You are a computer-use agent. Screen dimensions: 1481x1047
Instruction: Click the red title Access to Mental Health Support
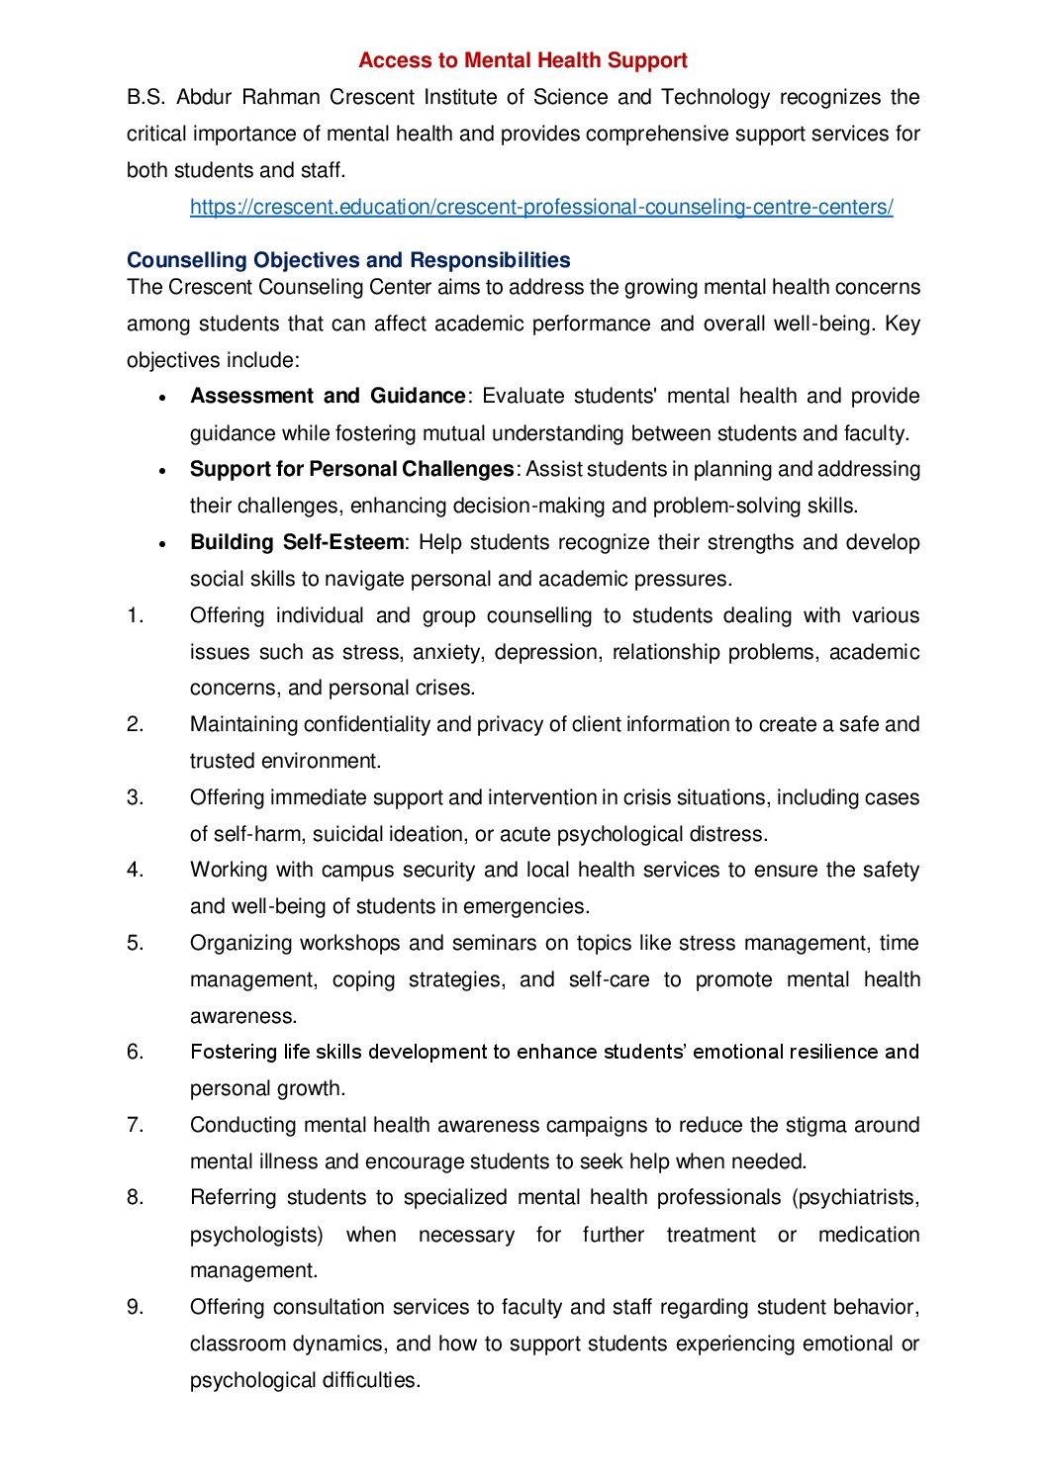pyautogui.click(x=523, y=60)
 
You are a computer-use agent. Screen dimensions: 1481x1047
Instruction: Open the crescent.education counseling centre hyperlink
pyautogui.click(x=541, y=207)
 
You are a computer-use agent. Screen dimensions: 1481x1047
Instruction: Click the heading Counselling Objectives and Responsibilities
pyautogui.click(x=348, y=260)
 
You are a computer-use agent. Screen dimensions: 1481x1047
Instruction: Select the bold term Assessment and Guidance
pyautogui.click(x=328, y=396)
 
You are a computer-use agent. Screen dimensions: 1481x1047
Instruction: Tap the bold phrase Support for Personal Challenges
pyautogui.click(x=351, y=469)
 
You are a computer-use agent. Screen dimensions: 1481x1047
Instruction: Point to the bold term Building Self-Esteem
pyautogui.click(x=297, y=542)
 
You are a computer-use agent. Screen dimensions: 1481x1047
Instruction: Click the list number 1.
pyautogui.click(x=135, y=615)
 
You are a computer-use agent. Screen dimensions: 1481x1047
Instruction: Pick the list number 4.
pyautogui.click(x=135, y=870)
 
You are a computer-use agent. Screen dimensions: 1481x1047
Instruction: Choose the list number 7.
pyautogui.click(x=135, y=1125)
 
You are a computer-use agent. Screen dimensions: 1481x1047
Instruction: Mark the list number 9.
pyautogui.click(x=135, y=1307)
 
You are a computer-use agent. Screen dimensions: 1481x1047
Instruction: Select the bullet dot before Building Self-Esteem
pyautogui.click(x=162, y=543)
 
